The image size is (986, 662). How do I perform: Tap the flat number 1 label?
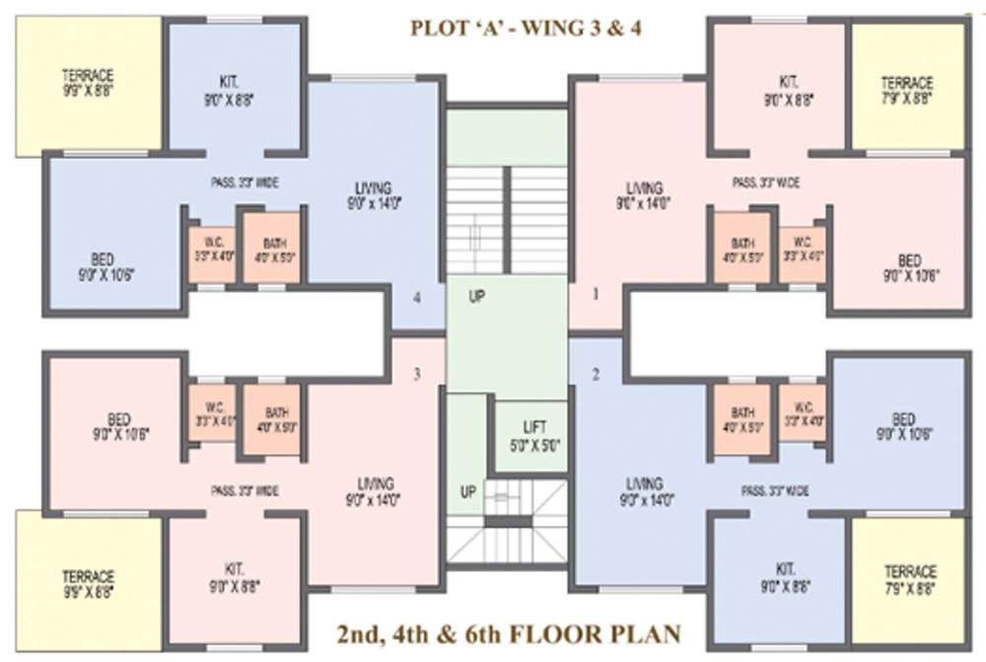point(596,293)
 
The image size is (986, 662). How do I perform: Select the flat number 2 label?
point(596,374)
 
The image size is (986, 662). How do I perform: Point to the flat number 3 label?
point(417,374)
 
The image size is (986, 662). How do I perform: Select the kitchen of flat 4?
point(234,91)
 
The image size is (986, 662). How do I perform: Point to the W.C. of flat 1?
point(803,248)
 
